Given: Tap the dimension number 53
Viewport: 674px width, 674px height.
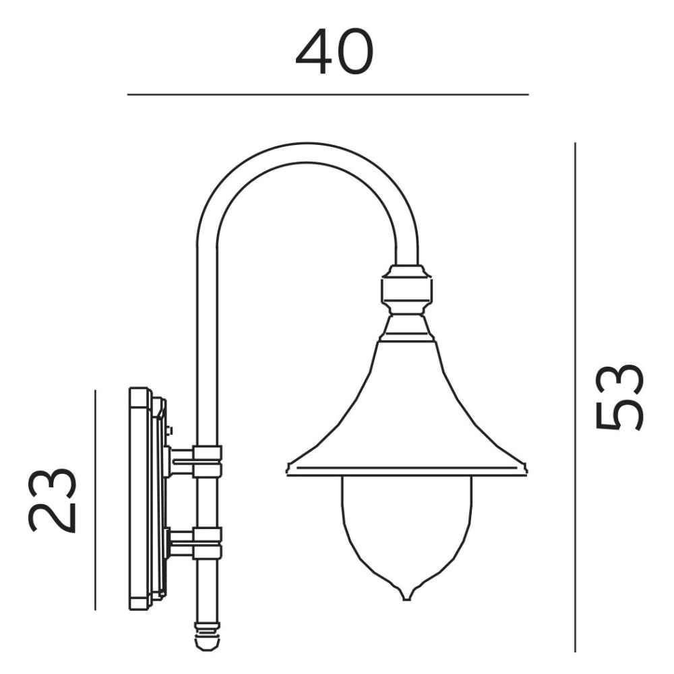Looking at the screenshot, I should (619, 397).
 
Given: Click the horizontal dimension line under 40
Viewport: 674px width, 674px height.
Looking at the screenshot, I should (328, 94).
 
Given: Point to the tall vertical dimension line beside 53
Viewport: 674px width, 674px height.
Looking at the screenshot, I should (575, 398).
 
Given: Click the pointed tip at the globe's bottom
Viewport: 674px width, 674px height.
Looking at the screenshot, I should (406, 597).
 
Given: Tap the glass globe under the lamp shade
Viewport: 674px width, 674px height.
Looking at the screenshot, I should (406, 526).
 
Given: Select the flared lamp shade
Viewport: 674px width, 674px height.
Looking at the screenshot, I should (406, 418).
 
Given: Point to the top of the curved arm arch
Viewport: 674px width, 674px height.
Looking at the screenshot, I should (307, 153).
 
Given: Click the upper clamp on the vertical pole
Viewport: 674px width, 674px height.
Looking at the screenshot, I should (207, 462).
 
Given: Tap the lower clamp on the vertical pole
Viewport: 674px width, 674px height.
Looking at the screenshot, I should (207, 543).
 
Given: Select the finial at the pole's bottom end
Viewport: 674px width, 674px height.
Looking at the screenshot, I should (206, 638).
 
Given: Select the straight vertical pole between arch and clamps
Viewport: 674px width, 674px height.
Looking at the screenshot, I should (207, 337).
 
